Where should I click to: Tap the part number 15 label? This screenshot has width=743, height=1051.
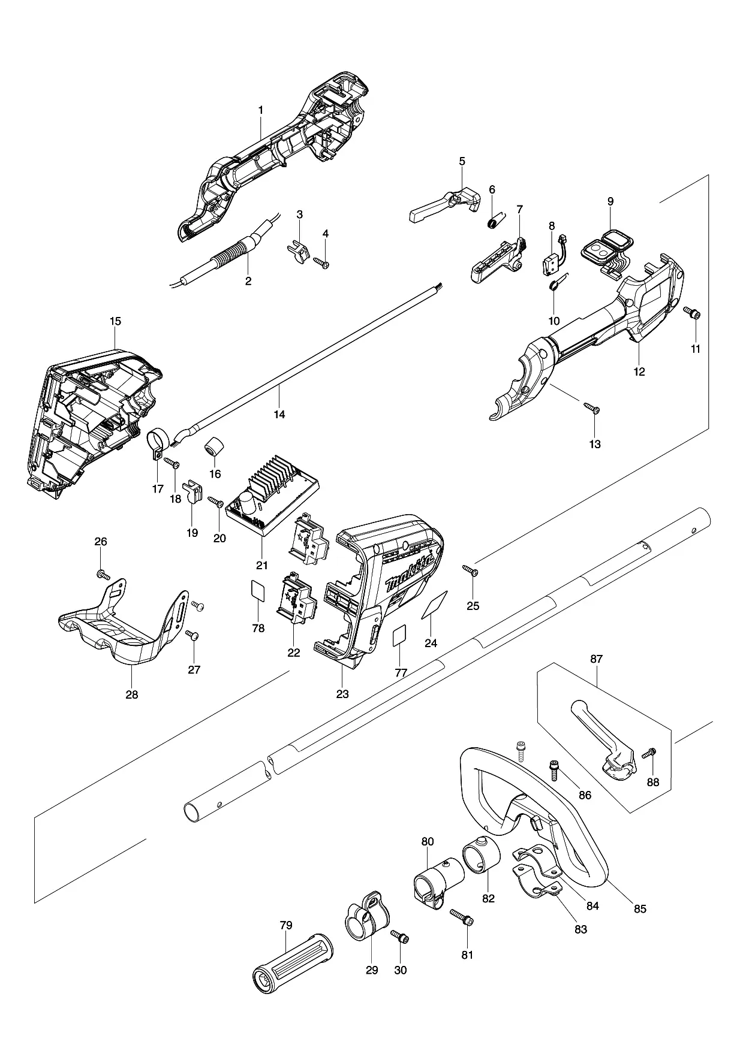coord(115,321)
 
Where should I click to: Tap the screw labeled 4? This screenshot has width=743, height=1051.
coord(320,261)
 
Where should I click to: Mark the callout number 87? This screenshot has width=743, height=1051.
coord(596,659)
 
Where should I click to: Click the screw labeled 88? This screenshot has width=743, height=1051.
coord(649,753)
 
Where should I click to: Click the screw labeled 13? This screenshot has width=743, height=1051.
coord(592,409)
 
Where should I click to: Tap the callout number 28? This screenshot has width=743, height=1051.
coord(131,694)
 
